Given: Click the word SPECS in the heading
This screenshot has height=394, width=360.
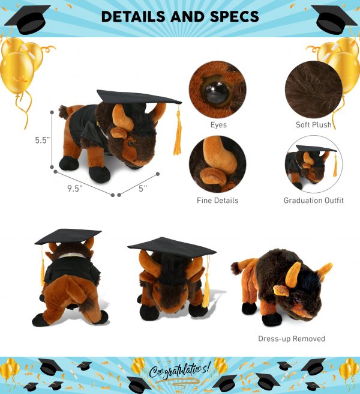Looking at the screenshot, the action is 234,17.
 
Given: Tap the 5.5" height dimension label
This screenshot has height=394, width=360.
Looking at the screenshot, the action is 43,140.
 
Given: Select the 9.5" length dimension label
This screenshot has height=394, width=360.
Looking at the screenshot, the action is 74,188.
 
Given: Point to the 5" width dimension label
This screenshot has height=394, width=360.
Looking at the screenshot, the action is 143,188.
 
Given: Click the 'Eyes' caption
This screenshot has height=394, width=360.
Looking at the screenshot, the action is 218,125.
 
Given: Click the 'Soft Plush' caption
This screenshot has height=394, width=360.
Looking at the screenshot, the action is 314,125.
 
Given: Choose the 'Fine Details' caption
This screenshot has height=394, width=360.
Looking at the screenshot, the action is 217,200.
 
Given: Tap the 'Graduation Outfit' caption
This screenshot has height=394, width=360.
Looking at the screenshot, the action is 314,200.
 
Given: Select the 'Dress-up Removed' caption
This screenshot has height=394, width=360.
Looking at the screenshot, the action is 292,339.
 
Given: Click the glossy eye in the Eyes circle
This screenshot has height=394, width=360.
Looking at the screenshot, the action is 216,92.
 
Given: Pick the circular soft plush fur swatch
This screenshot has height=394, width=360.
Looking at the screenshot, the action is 314,89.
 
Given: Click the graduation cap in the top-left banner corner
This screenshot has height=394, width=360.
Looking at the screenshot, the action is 28,19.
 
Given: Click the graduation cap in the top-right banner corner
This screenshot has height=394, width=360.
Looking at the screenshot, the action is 334,19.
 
